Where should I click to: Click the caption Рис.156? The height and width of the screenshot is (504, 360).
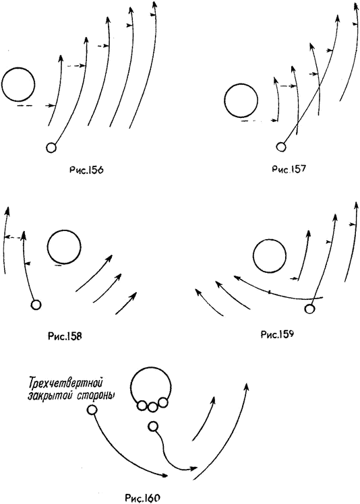pyautogui.click(x=86, y=170)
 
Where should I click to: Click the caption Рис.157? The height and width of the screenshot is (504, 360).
pyautogui.click(x=289, y=168)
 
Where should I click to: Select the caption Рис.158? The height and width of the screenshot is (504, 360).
pyautogui.click(x=65, y=336)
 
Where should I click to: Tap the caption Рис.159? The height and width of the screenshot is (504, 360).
pyautogui.click(x=277, y=334)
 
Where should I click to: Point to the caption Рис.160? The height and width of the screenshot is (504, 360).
pyautogui.click(x=142, y=498)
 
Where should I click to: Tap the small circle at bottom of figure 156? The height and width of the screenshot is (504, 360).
pyautogui.click(x=51, y=148)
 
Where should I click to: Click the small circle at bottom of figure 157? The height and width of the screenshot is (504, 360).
pyautogui.click(x=281, y=147)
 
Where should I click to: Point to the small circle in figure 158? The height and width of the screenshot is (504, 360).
pyautogui.click(x=36, y=304)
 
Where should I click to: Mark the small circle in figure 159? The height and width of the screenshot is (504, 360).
pyautogui.click(x=309, y=309)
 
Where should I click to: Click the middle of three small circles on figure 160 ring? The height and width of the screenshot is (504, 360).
pyautogui.click(x=152, y=407)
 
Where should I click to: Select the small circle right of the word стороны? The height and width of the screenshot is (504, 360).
pyautogui.click(x=92, y=410)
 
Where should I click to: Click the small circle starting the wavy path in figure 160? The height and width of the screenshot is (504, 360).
pyautogui.click(x=153, y=427)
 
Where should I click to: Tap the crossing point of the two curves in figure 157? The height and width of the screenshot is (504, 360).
pyautogui.click(x=319, y=88)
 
